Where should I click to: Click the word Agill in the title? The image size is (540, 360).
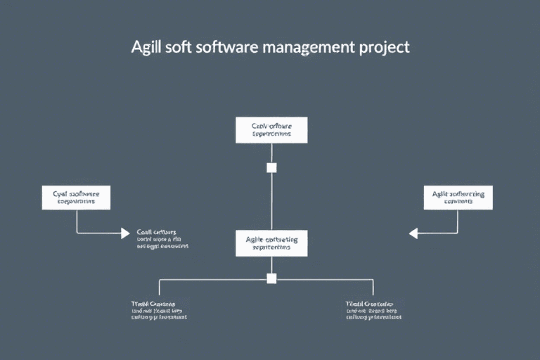pos(146,48)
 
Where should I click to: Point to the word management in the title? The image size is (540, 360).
pos(307,48)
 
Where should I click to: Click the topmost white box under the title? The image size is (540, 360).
pos(271,130)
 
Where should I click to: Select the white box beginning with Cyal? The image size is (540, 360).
pos(76,198)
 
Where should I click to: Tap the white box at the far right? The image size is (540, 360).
pos(458,198)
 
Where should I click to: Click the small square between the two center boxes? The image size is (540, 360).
pos(271,167)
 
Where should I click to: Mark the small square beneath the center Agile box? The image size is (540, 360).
pos(271,278)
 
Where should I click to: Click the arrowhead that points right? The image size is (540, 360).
pos(125,233)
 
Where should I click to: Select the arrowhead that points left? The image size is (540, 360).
pos(414,233)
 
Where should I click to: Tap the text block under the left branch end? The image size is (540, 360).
pos(159,310)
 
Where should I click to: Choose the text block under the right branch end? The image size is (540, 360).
pos(373,310)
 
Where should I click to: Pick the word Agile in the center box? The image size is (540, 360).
pos(257,240)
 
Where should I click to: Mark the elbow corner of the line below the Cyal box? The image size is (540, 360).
pos(77,233)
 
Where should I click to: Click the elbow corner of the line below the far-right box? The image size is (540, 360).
pos(458,233)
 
